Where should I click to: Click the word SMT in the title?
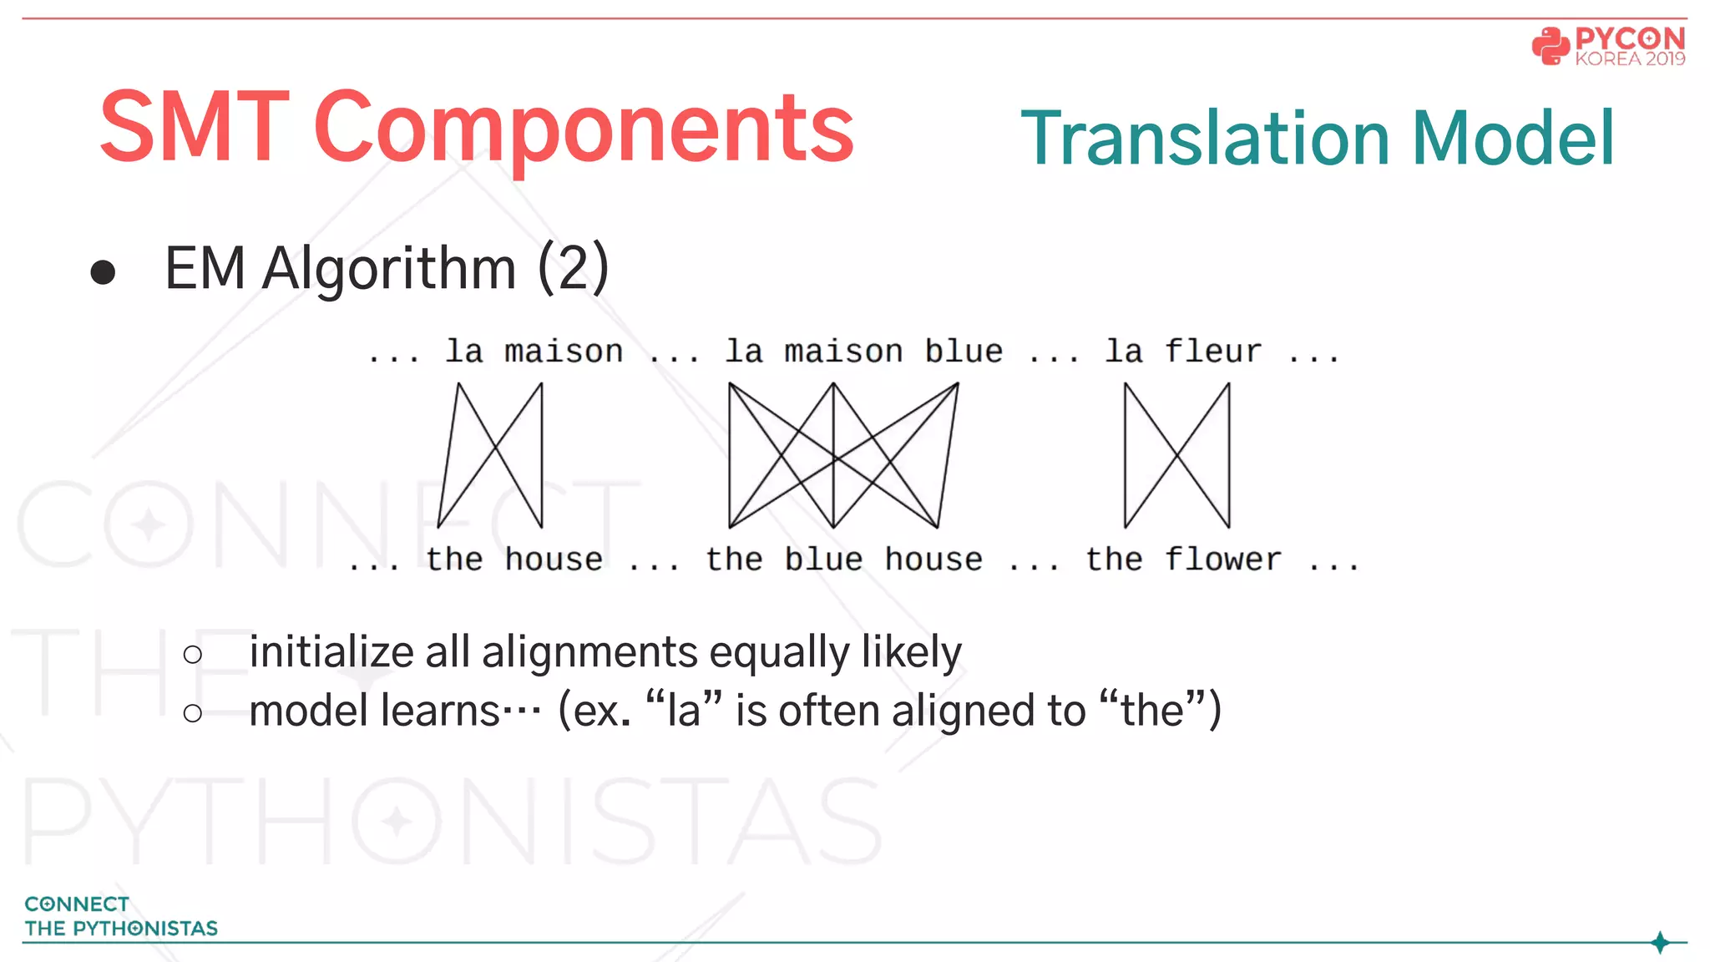pyautogui.click(x=194, y=127)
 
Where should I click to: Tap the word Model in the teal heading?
pyautogui.click(x=1513, y=138)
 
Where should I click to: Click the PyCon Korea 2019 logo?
pyautogui.click(x=1608, y=46)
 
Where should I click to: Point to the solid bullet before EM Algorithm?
pyautogui.click(x=103, y=272)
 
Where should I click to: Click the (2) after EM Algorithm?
pyautogui.click(x=573, y=268)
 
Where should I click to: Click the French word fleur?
pyautogui.click(x=1212, y=352)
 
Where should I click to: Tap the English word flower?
pyautogui.click(x=1222, y=559)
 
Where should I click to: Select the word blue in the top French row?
pyautogui.click(x=963, y=352)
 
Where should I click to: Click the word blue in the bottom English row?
pyautogui.click(x=823, y=559)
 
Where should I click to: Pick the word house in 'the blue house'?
pyautogui.click(x=933, y=559)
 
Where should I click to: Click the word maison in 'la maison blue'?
pyautogui.click(x=843, y=352)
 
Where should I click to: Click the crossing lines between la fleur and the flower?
pyautogui.click(x=1176, y=455)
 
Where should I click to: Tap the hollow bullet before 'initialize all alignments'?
pyautogui.click(x=193, y=654)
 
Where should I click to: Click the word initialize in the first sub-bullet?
pyautogui.click(x=331, y=652)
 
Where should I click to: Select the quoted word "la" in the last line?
pyautogui.click(x=683, y=711)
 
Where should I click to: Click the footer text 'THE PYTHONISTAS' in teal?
pyautogui.click(x=121, y=929)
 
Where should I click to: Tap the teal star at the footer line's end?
pyautogui.click(x=1660, y=943)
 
